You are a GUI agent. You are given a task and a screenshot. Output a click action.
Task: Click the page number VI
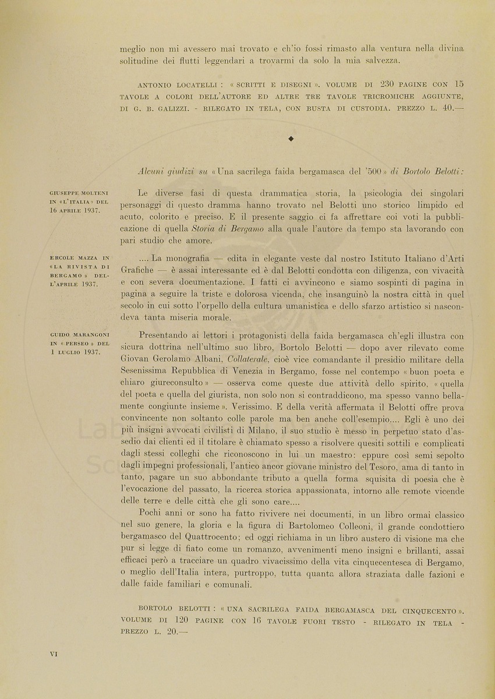click(54, 654)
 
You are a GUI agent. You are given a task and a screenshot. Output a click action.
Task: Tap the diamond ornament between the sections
click(291, 138)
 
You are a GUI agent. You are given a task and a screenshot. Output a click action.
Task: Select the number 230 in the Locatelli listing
click(379, 83)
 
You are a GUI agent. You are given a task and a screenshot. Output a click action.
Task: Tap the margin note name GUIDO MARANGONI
click(80, 334)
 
